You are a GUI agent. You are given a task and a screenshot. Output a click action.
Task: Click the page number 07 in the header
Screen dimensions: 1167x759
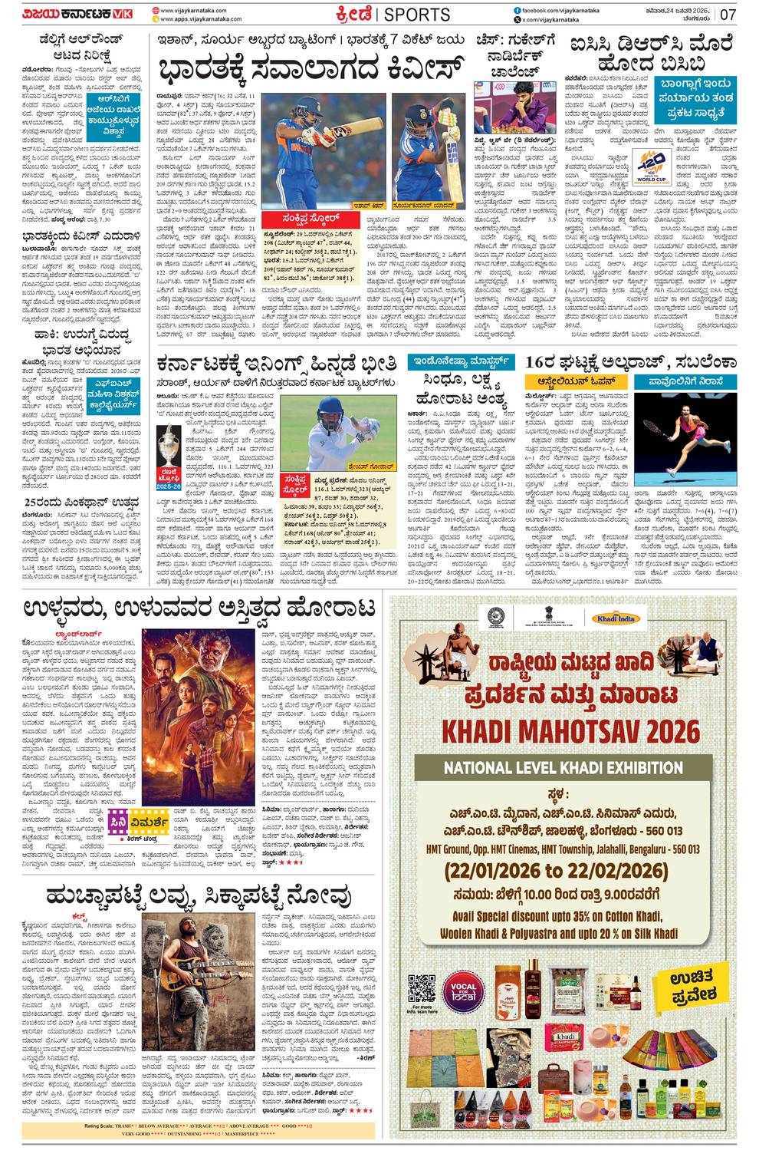(728, 15)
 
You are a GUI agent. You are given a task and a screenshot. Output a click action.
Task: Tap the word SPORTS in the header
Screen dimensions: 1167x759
(416, 15)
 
